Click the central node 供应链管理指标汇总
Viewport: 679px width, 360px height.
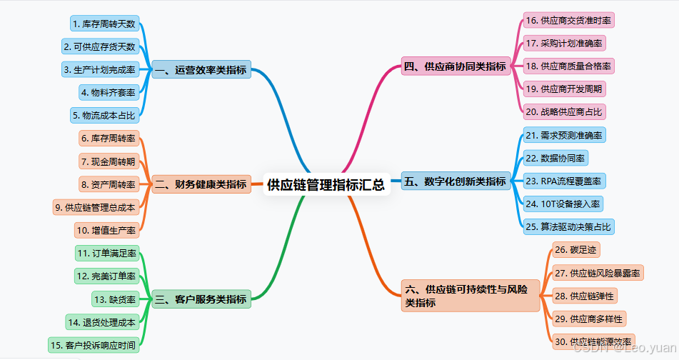(x=326, y=185)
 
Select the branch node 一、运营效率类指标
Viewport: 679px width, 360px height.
(x=201, y=70)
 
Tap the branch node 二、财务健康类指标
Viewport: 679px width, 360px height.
(x=201, y=184)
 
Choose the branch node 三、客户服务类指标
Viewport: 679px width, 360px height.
(x=201, y=299)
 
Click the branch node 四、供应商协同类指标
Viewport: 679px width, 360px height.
(x=455, y=67)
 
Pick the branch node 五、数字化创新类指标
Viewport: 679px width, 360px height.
(x=455, y=181)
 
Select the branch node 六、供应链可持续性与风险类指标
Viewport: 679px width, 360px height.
(x=471, y=296)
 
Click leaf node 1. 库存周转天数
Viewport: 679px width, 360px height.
(x=104, y=24)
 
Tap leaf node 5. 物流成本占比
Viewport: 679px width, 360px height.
(x=104, y=115)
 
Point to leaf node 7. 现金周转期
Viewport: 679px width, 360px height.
(x=108, y=161)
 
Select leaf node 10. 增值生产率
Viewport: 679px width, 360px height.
(x=106, y=230)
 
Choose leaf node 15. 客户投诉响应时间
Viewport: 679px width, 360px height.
(x=94, y=346)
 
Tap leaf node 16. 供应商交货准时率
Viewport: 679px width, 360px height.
(x=568, y=20)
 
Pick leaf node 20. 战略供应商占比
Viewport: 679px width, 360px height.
(x=564, y=111)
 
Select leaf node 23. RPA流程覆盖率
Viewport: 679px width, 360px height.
(x=564, y=181)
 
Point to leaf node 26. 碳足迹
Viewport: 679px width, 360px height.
(x=575, y=250)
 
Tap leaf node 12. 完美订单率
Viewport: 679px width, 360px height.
(x=106, y=276)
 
